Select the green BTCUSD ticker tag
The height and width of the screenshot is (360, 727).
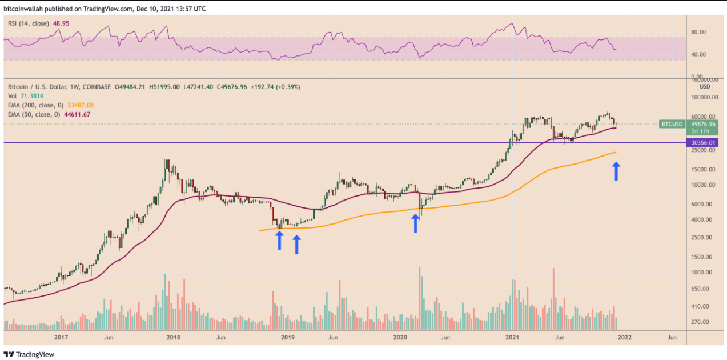[671, 123]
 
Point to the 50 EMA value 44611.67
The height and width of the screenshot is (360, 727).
[76, 114]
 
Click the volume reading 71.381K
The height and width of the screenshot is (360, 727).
[32, 96]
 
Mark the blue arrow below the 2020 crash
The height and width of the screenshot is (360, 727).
[416, 223]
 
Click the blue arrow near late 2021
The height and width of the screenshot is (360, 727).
[617, 171]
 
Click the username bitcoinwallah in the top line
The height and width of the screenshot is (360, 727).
[26, 9]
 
